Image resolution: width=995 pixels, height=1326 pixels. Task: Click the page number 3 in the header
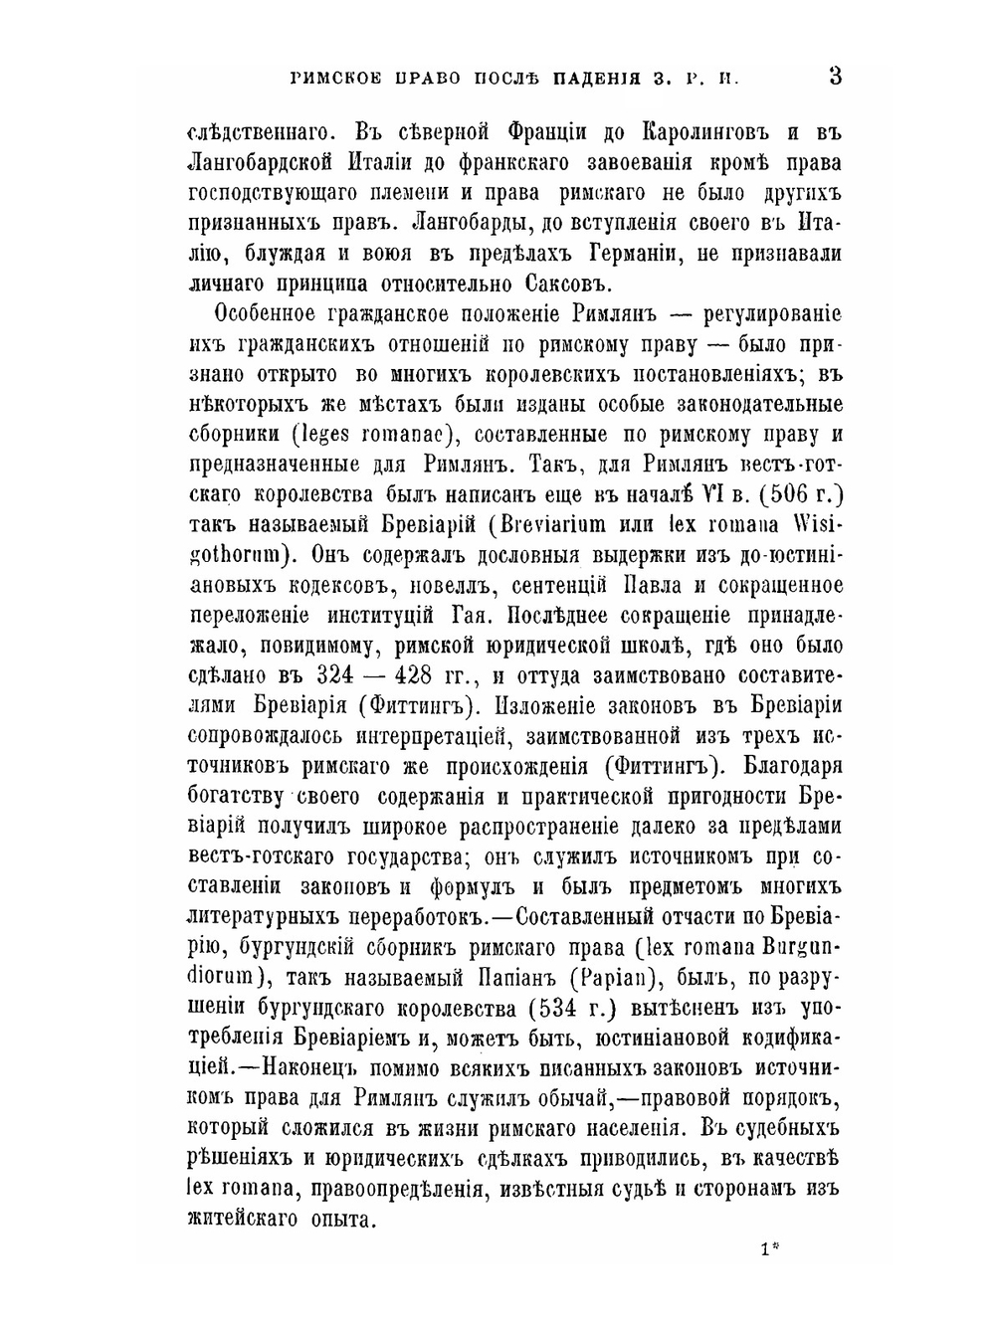[x=835, y=76]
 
